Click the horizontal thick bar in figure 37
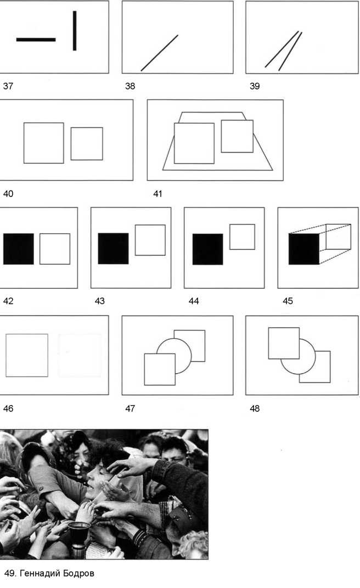point(36,40)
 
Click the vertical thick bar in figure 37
point(75,31)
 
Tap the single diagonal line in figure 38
point(159,53)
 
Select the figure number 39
point(255,86)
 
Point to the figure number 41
point(158,193)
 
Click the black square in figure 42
point(18,249)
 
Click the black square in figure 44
point(208,249)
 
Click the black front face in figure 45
point(304,249)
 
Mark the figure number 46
point(8,408)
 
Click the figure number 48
point(255,408)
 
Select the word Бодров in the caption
point(78,573)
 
